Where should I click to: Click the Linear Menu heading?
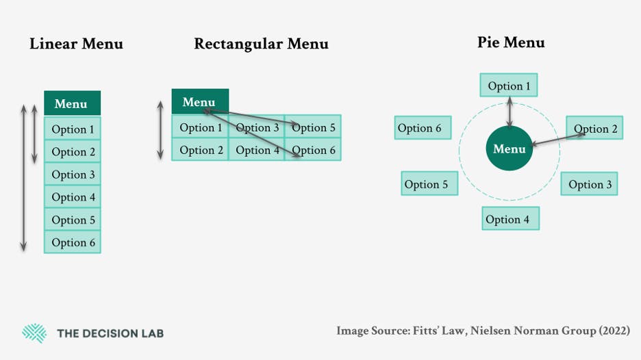(76, 44)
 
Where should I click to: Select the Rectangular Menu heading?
(261, 44)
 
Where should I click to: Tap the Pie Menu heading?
(511, 42)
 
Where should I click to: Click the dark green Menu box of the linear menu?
(72, 103)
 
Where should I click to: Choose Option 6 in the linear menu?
(73, 242)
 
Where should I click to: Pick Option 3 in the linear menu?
(73, 175)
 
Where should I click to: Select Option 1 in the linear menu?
(73, 129)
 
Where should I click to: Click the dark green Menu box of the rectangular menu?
(199, 102)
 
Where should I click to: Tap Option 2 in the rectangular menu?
(200, 150)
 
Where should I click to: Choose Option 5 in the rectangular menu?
(314, 127)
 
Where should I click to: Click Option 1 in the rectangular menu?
(200, 127)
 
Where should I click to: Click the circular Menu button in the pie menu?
(510, 149)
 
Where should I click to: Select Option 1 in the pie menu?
(509, 86)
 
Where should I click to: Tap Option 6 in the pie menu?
(423, 128)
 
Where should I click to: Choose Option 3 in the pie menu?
(590, 184)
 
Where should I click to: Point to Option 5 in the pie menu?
(429, 184)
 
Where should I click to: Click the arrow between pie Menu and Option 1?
(509, 112)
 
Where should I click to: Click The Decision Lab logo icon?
(34, 333)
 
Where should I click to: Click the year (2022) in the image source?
(614, 331)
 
